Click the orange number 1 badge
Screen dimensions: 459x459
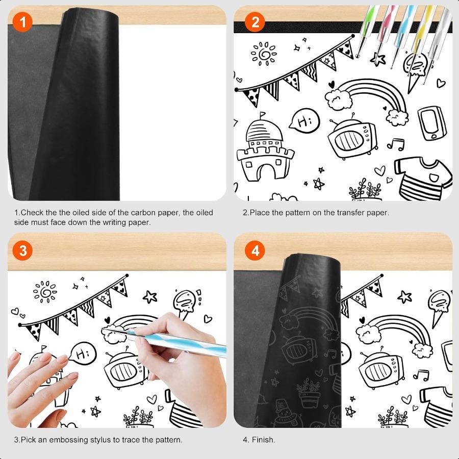pyautogui.click(x=22, y=22)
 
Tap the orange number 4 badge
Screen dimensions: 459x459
pyautogui.click(x=255, y=250)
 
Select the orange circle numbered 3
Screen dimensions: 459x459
pyautogui.click(x=22, y=250)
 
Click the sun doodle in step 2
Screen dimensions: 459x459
pyautogui.click(x=264, y=53)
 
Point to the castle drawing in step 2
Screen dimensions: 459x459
pyautogui.click(x=264, y=150)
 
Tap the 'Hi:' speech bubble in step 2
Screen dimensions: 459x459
pyautogui.click(x=304, y=121)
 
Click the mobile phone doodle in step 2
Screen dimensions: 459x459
pyautogui.click(x=431, y=123)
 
